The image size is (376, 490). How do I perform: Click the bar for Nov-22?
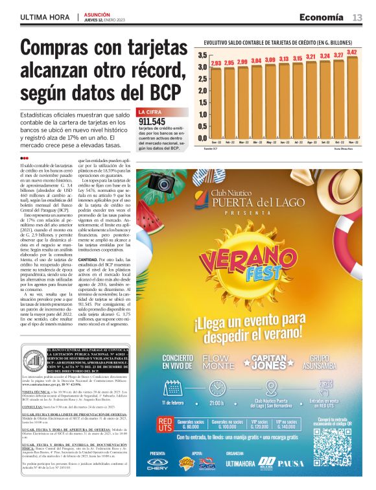(351, 97)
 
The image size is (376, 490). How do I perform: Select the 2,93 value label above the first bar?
(217, 63)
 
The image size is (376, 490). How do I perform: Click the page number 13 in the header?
(357, 17)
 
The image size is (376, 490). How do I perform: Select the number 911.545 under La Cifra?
(152, 121)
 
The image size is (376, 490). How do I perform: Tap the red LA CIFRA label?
(150, 112)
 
